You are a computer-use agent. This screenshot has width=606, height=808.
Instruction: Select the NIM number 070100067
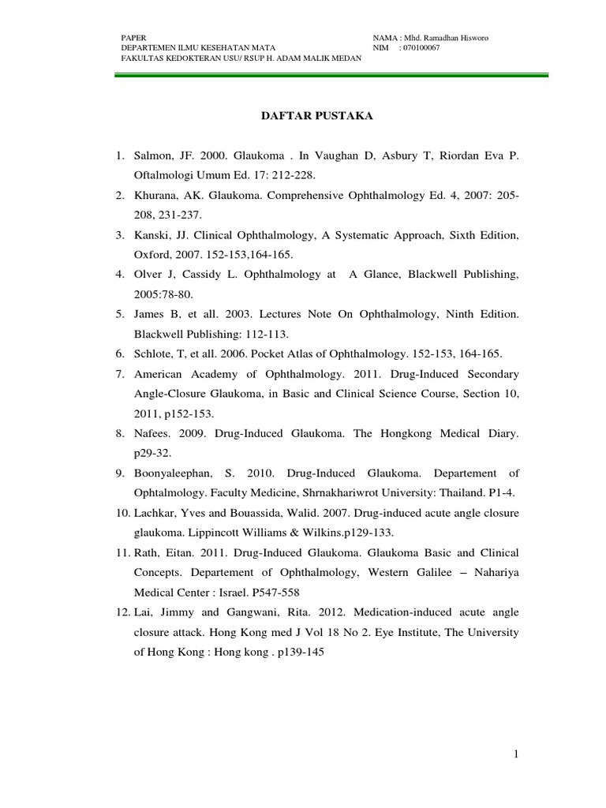pyautogui.click(x=422, y=47)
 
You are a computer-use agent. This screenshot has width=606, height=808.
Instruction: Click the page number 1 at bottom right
pyautogui.click(x=514, y=755)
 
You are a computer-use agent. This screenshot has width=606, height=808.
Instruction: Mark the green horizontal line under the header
pyautogui.click(x=331, y=75)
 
